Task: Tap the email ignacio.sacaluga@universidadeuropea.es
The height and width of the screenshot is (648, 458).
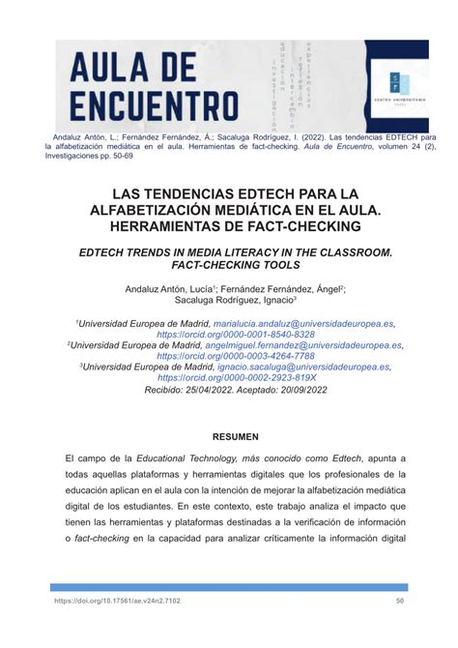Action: point(302,368)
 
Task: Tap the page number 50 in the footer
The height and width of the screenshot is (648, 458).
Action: point(400,600)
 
